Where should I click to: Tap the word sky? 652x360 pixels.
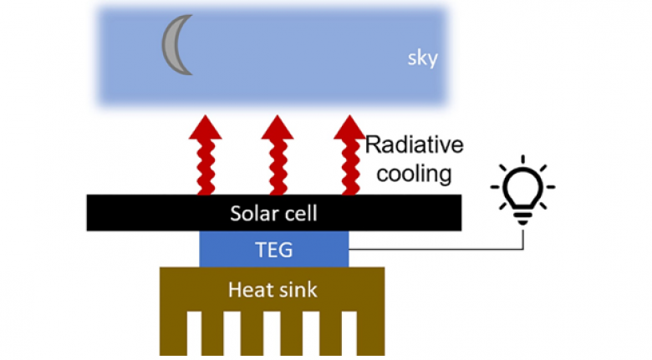click(x=421, y=59)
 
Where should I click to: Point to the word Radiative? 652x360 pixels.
click(x=414, y=145)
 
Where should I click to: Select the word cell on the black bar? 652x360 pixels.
click(x=302, y=214)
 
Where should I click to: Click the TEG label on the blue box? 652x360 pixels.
click(x=273, y=248)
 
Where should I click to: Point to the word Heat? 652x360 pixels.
click(x=247, y=290)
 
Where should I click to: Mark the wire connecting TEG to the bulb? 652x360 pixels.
click(x=435, y=249)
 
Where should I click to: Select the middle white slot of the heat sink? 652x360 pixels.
click(x=272, y=334)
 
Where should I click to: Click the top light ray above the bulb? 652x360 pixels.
click(x=524, y=160)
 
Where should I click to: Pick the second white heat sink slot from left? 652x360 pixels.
click(x=232, y=334)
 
